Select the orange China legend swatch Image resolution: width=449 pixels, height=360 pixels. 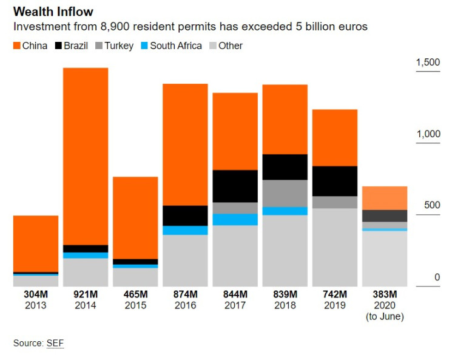16,46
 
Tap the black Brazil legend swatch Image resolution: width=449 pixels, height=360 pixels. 59,46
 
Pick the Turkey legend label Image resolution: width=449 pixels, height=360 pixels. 118,46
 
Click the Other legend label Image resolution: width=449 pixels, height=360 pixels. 231,46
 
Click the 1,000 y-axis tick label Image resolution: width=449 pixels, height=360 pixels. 428,134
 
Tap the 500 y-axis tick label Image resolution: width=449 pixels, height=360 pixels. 431,205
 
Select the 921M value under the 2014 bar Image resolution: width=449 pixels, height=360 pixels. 86,294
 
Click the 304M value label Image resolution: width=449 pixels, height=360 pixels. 36,294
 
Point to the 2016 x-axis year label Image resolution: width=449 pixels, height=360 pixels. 185,305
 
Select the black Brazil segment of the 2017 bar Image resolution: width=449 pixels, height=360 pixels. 235,186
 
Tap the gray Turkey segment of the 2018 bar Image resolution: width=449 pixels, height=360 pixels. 285,193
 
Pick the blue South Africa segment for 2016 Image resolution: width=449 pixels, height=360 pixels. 185,230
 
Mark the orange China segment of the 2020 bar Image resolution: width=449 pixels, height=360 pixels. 384,198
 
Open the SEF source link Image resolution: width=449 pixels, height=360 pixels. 55,343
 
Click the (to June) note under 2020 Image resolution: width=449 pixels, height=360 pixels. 385,316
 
